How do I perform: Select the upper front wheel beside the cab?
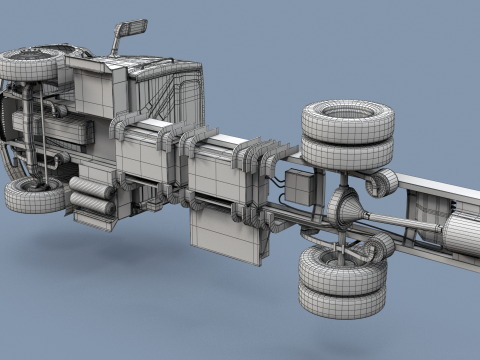pos(32,64)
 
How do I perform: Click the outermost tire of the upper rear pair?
pos(347,119)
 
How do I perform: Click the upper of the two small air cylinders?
pos(90,187)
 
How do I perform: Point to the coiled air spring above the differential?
pos(381,181)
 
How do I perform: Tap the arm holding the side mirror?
pos(118,43)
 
